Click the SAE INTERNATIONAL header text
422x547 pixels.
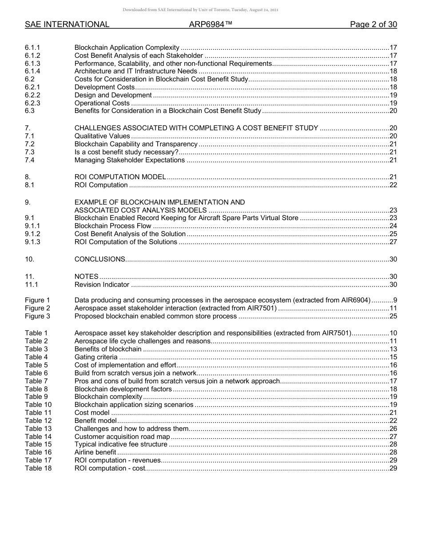pyautogui.click(x=67, y=25)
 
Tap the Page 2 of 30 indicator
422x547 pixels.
pyautogui.click(x=373, y=25)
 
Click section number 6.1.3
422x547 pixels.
pyautogui.click(x=32, y=64)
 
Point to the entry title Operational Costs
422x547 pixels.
pyautogui.click(x=102, y=103)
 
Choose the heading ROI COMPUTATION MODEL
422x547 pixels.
pyautogui.click(x=120, y=177)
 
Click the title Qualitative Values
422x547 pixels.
pyautogui.click(x=102, y=136)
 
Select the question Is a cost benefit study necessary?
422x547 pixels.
pyautogui.click(x=127, y=152)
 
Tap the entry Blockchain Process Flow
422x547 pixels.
pyautogui.click(x=113, y=226)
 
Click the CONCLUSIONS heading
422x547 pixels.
pyautogui.click(x=100, y=259)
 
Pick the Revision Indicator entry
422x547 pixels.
pyautogui.click(x=102, y=285)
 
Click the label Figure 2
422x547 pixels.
pyautogui.click(x=37, y=308)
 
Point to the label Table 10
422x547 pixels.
pyautogui.click(x=38, y=405)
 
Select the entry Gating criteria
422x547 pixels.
pyautogui.click(x=96, y=357)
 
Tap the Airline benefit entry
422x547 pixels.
pyautogui.click(x=95, y=452)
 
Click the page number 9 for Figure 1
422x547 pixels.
pyautogui.click(x=395, y=300)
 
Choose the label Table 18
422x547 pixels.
pyautogui.click(x=38, y=468)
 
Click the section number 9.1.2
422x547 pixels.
pyautogui.click(x=32, y=234)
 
